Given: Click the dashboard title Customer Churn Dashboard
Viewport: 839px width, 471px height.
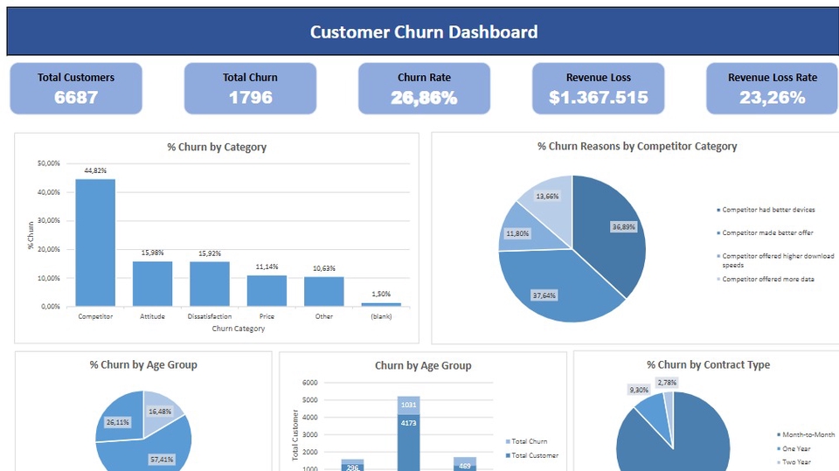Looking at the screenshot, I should pos(423,32).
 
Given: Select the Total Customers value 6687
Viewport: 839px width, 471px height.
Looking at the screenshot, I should pos(76,97).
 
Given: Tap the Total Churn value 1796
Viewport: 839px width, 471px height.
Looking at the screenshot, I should pos(250,97).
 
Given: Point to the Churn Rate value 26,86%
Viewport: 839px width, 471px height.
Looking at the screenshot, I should pos(424,97).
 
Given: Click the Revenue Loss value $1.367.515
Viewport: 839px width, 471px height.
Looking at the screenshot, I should pos(598,97).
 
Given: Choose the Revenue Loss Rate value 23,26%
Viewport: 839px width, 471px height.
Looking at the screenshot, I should pos(772,97).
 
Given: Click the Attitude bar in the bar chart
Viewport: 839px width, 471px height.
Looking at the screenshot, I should pos(152,283).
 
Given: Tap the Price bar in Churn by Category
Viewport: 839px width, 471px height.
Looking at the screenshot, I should pos(267,290).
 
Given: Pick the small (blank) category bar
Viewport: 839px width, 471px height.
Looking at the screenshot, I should pos(380,304).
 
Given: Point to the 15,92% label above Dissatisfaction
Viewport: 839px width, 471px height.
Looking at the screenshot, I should pos(210,253).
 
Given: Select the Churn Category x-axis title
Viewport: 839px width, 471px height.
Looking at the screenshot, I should pos(238,329).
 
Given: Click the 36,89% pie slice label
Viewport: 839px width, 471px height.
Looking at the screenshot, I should pos(622,226).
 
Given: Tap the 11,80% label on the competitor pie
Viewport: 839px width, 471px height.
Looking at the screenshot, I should pos(518,233).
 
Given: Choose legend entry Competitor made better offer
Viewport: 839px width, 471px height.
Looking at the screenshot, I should pos(766,232).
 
